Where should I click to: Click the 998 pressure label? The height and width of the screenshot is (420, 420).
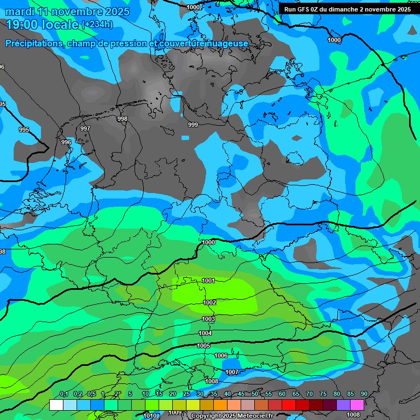tap(122, 119)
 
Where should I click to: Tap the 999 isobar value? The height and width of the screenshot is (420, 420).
tap(193, 125)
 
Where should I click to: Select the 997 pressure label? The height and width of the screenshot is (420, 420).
tap(85, 129)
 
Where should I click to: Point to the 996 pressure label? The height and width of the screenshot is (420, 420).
tap(66, 142)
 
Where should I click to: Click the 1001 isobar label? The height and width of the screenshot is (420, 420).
tap(208, 281)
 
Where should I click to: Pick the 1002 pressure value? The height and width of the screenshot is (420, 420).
tap(209, 302)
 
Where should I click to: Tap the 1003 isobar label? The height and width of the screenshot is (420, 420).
tap(208, 319)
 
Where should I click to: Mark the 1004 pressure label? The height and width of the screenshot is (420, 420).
tap(205, 333)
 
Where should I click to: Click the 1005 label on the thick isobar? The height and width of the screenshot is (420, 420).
tap(203, 346)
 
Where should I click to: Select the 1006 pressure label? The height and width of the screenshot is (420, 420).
tap(221, 355)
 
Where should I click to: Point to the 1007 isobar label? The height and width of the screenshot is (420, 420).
tap(232, 372)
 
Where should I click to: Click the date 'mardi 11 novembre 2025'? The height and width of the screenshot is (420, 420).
tap(68, 11)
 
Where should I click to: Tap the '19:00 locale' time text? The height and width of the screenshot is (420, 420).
tap(43, 25)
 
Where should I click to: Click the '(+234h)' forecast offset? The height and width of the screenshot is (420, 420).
tap(97, 25)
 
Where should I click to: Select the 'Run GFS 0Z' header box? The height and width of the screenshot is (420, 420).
tap(347, 9)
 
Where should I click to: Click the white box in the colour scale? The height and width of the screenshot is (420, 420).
tap(56, 405)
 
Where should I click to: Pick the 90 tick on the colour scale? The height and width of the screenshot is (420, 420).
tap(364, 394)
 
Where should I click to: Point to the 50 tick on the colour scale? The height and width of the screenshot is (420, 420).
tap(255, 394)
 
